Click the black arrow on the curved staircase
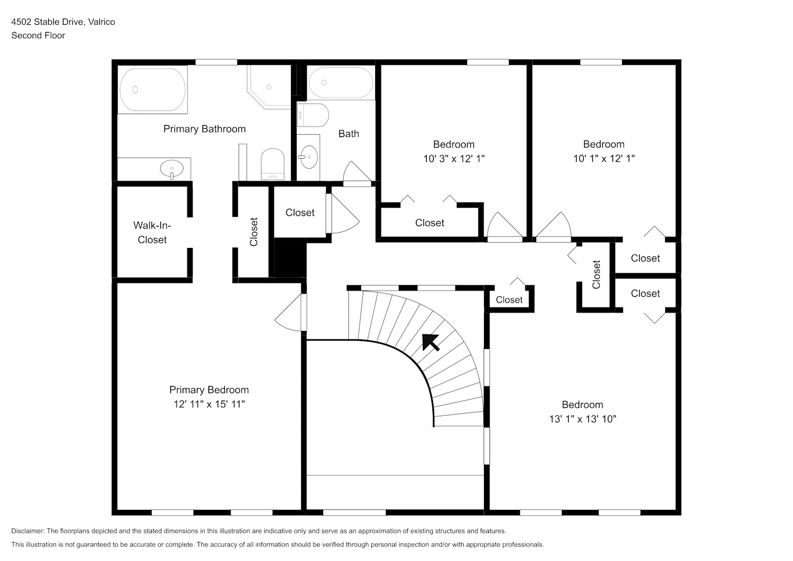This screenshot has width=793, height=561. coord(431,342)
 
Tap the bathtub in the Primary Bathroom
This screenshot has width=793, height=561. coord(153,90)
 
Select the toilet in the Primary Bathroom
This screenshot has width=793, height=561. coord(273,164)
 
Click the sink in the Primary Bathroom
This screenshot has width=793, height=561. coord(172,169)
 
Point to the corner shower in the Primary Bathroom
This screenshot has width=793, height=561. coord(269,87)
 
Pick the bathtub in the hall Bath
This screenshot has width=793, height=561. coord(341,83)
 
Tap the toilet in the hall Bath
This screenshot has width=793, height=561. coord(313,115)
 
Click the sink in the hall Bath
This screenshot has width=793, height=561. coord(308,157)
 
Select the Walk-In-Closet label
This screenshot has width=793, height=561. coord(152,232)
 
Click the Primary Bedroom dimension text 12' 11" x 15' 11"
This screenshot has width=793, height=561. coord(209,404)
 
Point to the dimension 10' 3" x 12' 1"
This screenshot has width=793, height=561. coord(454,159)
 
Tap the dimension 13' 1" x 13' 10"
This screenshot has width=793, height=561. coord(583,419)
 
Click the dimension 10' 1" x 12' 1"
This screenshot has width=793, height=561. coord(604,158)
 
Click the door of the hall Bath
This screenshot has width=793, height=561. coord(358,173)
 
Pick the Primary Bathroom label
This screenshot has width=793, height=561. coord(205,129)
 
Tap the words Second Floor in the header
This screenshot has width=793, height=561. coord(38,35)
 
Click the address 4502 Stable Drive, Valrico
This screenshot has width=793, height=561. coord(63,22)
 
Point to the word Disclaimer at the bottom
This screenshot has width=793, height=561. coord(27,531)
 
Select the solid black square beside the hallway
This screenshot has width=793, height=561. coord(290,258)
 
